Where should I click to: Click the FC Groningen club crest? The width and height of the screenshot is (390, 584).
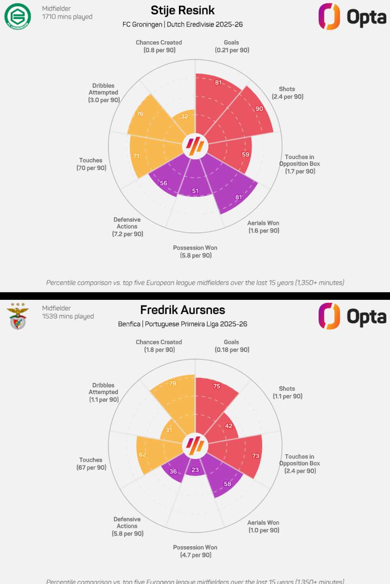[18, 16]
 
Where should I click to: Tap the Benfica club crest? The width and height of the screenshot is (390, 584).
[18, 316]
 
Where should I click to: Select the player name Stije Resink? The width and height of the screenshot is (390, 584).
[182, 10]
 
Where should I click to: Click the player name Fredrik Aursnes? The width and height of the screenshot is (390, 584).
[182, 310]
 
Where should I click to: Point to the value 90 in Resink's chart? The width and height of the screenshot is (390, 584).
[259, 109]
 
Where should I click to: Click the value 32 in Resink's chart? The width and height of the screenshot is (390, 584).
[185, 116]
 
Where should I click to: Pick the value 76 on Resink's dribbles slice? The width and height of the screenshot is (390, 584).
[140, 114]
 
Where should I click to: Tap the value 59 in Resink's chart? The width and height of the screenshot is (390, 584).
[246, 154]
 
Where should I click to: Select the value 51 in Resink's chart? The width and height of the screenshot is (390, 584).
[195, 191]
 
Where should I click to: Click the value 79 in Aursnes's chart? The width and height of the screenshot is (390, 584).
[172, 383]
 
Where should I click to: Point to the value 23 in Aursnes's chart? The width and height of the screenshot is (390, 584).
[195, 470]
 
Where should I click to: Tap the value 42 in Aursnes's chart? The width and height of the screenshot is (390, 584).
[229, 426]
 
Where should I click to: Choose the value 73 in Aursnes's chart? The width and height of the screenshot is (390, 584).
[256, 456]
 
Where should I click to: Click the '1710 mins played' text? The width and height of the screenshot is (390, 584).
[67, 17]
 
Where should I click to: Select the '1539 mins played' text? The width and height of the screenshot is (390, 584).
[68, 316]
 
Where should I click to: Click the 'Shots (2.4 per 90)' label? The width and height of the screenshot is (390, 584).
[287, 93]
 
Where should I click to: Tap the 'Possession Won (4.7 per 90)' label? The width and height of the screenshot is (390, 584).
[195, 551]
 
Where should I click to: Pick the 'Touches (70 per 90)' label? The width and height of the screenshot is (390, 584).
[91, 164]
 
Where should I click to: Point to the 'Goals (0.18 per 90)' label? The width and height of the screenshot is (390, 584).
[232, 346]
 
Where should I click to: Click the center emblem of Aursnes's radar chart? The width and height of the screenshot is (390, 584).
[195, 446]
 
